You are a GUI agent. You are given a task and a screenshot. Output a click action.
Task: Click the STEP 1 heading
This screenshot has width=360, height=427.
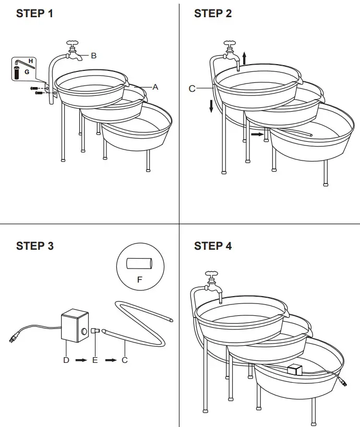[x=34, y=14]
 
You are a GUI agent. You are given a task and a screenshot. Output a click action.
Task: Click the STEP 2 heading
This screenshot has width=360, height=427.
[x=213, y=14]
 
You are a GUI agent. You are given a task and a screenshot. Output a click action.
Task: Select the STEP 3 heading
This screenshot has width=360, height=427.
[x=34, y=246]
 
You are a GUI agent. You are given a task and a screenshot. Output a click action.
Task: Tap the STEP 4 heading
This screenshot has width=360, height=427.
[x=213, y=246]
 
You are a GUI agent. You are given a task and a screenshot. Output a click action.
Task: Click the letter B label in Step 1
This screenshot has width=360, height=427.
[x=94, y=56]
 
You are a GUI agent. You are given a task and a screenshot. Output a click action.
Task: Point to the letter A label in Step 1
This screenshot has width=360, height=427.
[x=155, y=87]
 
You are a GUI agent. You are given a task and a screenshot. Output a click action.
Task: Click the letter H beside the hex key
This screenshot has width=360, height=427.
[x=31, y=62]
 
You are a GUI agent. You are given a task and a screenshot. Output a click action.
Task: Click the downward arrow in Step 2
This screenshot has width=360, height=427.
[x=211, y=106]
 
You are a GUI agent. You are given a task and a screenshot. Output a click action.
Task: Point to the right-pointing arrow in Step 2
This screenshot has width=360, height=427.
[x=257, y=134]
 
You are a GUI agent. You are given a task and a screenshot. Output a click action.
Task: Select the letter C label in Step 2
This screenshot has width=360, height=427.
[x=192, y=89]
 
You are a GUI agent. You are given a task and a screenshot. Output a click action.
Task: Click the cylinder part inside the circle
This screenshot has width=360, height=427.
[x=139, y=263]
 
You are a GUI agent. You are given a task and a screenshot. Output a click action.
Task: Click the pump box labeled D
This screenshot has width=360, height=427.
[x=75, y=326]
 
